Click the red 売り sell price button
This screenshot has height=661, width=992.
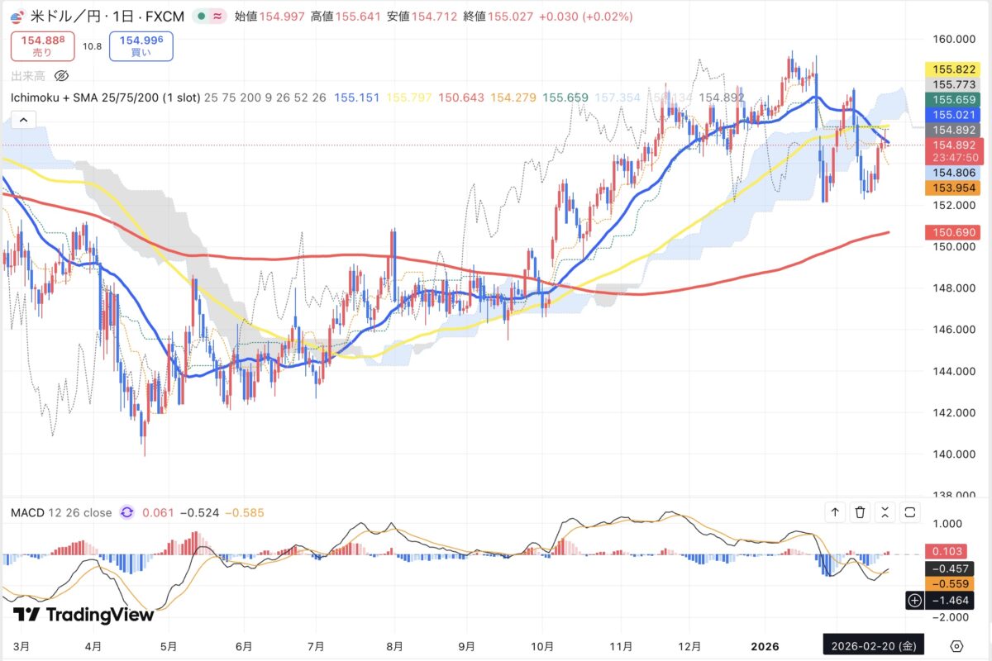pyautogui.click(x=42, y=45)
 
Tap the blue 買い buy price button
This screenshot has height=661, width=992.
pyautogui.click(x=141, y=45)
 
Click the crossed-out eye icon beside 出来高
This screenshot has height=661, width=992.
pyautogui.click(x=61, y=76)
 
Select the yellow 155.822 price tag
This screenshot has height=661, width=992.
pyautogui.click(x=955, y=69)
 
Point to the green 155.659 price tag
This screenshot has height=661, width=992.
pyautogui.click(x=955, y=98)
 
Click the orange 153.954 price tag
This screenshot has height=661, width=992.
pyautogui.click(x=955, y=188)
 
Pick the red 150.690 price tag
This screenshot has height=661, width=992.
pyautogui.click(x=955, y=234)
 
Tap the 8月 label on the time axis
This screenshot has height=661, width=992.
pyautogui.click(x=394, y=646)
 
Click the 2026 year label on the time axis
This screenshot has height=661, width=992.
pyautogui.click(x=765, y=646)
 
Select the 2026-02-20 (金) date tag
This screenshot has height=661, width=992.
pyautogui.click(x=873, y=646)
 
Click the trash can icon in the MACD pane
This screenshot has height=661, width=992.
pyautogui.click(x=861, y=513)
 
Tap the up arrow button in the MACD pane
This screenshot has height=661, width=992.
pyautogui.click(x=836, y=513)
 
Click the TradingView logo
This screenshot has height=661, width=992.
pyautogui.click(x=83, y=615)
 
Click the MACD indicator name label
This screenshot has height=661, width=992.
pyautogui.click(x=26, y=513)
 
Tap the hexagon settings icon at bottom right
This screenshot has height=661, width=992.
pyautogui.click(x=956, y=646)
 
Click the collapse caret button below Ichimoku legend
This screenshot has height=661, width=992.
pyautogui.click(x=23, y=120)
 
